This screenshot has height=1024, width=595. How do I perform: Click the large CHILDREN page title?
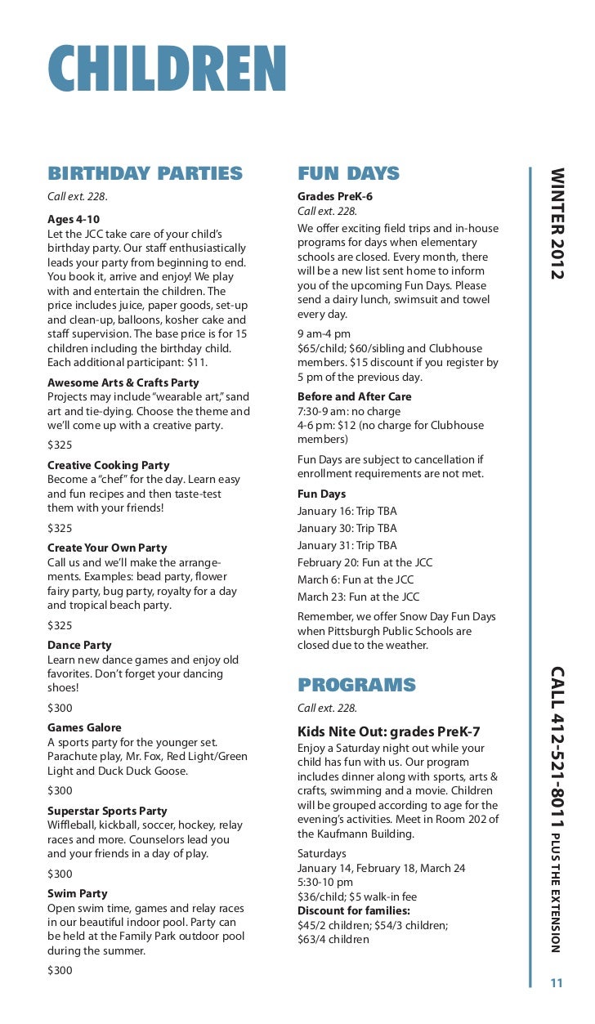click(167, 69)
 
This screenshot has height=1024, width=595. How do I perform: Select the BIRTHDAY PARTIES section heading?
click(145, 173)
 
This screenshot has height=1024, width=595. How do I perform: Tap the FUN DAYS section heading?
click(348, 173)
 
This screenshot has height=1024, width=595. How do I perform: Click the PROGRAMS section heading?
click(356, 685)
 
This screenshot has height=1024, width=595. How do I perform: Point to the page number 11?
click(557, 983)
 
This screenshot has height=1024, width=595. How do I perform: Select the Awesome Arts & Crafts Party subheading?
click(123, 382)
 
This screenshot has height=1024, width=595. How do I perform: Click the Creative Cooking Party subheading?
click(109, 465)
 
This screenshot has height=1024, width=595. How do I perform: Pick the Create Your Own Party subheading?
click(107, 548)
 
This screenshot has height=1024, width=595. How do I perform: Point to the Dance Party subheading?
click(79, 645)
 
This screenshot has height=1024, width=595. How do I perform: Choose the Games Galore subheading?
click(84, 727)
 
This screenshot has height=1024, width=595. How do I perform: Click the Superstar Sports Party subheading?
click(107, 811)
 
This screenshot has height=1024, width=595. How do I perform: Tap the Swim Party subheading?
click(77, 893)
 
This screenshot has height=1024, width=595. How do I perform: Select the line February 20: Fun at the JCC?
click(365, 562)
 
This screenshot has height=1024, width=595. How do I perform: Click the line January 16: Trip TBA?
click(347, 511)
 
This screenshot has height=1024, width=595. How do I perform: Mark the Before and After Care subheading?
click(354, 396)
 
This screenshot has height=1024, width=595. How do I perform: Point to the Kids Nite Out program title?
click(388, 731)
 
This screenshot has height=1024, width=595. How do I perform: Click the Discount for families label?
click(353, 910)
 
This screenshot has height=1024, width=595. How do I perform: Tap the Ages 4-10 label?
click(74, 219)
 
